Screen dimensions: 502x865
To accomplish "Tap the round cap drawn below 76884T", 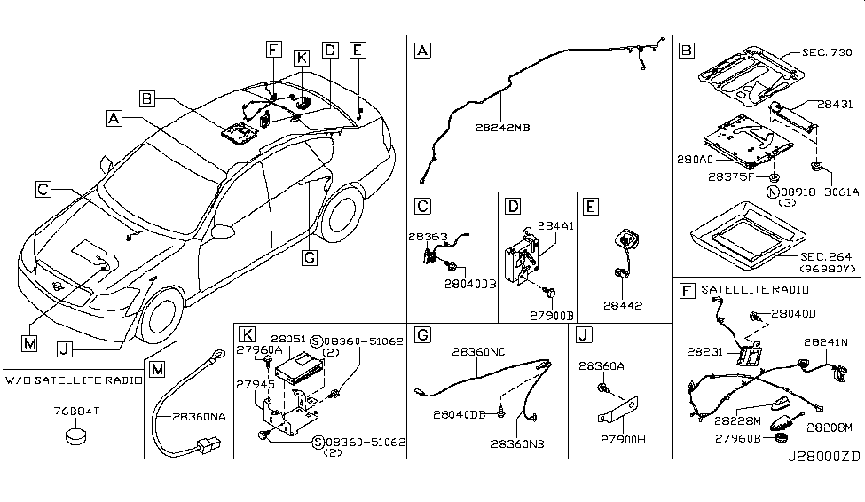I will click(x=74, y=435).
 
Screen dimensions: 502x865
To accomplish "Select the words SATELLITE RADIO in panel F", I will click(x=743, y=290).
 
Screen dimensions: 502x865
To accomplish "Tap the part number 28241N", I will click(x=827, y=341).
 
